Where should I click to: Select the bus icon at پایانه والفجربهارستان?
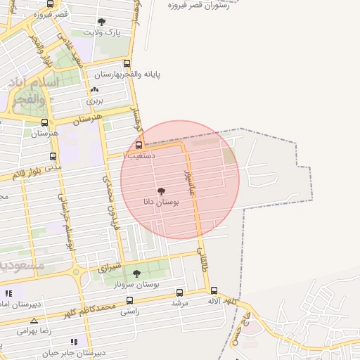click(127, 63)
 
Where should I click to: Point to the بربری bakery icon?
click(94, 90)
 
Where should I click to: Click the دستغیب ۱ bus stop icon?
click(138, 145)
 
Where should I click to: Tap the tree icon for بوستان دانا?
click(161, 191)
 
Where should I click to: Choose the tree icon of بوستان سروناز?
click(136, 274)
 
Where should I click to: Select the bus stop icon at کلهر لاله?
click(214, 290)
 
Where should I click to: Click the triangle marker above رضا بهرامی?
click(34, 321)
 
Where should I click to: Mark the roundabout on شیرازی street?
click(76, 271)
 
